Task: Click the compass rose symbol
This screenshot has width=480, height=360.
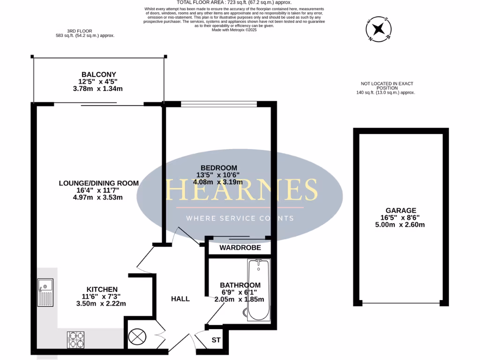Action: [377, 30]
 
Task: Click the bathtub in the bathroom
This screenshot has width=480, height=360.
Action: [258, 290]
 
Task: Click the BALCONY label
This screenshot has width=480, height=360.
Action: [98, 75]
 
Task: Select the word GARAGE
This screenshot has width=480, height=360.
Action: [401, 211]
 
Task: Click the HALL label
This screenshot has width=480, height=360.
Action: [180, 299]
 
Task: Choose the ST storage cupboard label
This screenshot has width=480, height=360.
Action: [216, 339]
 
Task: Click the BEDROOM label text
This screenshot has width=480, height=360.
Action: [219, 168]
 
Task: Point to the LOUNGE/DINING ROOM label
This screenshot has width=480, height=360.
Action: [98, 183]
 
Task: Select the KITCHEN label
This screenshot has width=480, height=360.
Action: [102, 289]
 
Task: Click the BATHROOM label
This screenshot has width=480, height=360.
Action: [240, 285]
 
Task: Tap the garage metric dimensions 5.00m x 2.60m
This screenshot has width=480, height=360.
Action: [401, 225]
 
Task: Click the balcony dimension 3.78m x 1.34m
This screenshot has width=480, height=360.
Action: [98, 89]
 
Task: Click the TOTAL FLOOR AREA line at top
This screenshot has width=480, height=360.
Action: [234, 3]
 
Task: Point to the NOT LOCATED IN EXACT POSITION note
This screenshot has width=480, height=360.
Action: [387, 86]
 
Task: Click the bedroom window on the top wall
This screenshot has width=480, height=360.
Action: [218, 104]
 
